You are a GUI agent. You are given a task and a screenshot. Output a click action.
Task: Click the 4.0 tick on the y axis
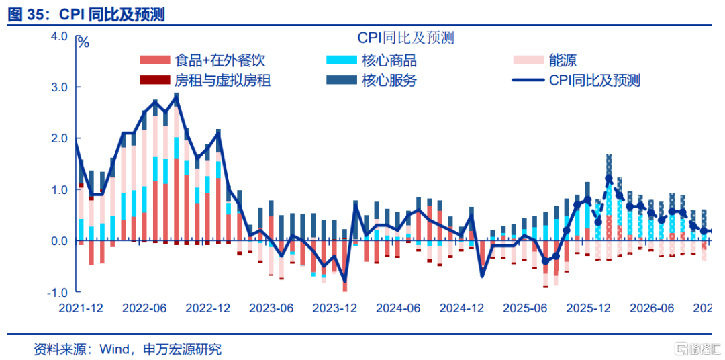[58, 36]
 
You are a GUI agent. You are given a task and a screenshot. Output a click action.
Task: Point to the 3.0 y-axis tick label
[58, 87]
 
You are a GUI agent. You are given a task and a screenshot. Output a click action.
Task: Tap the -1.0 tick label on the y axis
[56, 292]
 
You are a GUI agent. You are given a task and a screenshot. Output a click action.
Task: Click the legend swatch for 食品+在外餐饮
[155, 60]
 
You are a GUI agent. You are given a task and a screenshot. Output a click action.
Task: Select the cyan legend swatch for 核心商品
[342, 60]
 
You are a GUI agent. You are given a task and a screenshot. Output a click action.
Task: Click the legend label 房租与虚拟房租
[223, 81]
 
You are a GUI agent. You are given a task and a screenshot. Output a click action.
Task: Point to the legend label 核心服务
[389, 81]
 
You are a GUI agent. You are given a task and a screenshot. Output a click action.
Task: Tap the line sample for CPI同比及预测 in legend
[528, 81]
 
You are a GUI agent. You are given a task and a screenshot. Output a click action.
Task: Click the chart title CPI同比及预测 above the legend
[405, 38]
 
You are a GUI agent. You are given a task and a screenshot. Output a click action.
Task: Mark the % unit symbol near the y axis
[83, 42]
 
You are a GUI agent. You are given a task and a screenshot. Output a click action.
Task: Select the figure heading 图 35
[28, 15]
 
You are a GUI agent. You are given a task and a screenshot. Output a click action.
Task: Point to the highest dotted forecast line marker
[608, 179]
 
